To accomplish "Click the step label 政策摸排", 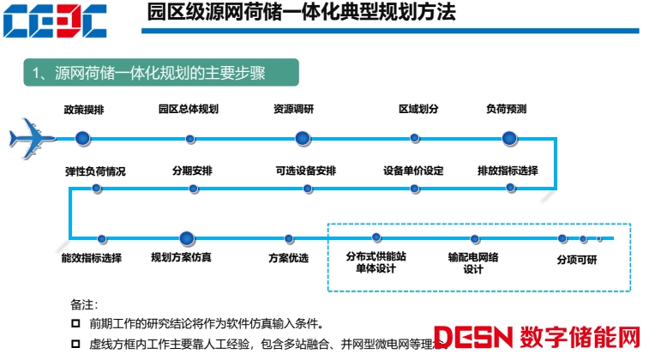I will pos(84,110).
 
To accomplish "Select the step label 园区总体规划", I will pos(189,110).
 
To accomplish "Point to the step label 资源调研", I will pos(294,110).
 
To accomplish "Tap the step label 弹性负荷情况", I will pos(95,171).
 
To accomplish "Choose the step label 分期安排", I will pos(191,171).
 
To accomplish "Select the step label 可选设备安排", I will pos(306,171).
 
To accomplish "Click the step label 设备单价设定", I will pos(413,171).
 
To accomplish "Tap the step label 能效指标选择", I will pos(92,258).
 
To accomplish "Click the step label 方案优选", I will pos(288,258).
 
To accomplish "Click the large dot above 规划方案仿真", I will pos(188,238).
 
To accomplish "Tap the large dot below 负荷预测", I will pos(509,137).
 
